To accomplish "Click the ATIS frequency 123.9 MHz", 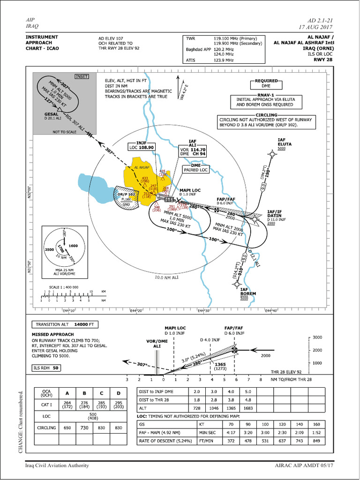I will click(224, 60).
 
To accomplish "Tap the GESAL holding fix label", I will click(52, 114).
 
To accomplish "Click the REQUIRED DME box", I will click(266, 83).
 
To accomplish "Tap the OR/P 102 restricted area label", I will click(126, 194).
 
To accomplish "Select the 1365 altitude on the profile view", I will click(220, 364).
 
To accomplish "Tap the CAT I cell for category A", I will click(67, 405).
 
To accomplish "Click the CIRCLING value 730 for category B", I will click(84, 427).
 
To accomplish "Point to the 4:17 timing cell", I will click(231, 434).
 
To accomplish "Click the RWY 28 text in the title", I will click(323, 60).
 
